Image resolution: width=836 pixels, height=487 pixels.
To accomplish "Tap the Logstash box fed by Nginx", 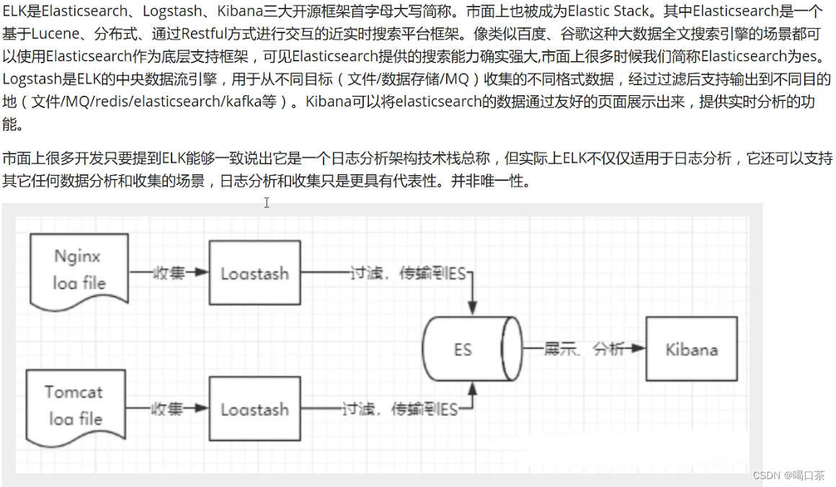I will coord(254,274).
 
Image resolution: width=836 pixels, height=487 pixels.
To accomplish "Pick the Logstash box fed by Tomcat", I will coord(254,409).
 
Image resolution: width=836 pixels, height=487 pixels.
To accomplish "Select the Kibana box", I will coord(691,349).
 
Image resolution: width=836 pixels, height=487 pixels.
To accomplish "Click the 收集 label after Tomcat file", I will coord(167,409).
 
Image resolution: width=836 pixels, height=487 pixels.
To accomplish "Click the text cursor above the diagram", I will coord(267,203).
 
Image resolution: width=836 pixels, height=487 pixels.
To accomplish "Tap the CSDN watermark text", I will coord(788,475).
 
